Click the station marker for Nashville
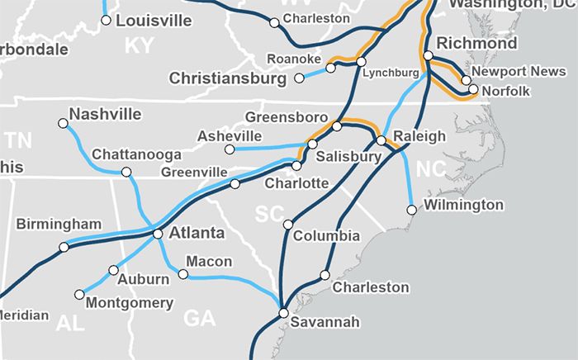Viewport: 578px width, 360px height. coord(64,124)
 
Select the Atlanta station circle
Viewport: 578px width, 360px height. coord(158,234)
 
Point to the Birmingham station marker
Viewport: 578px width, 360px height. coord(64,247)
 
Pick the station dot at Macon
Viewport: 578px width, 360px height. coord(184,273)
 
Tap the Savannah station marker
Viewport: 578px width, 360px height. coord(283,313)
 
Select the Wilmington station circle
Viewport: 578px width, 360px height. coord(411,210)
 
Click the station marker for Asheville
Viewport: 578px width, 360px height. coord(230,149)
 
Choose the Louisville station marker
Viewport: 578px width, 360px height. coord(106,20)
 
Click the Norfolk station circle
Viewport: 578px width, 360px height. coord(473,89)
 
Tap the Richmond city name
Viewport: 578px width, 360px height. coord(476,43)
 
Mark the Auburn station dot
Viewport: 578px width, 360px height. coord(114,269)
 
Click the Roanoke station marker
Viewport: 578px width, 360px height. coord(330,68)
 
